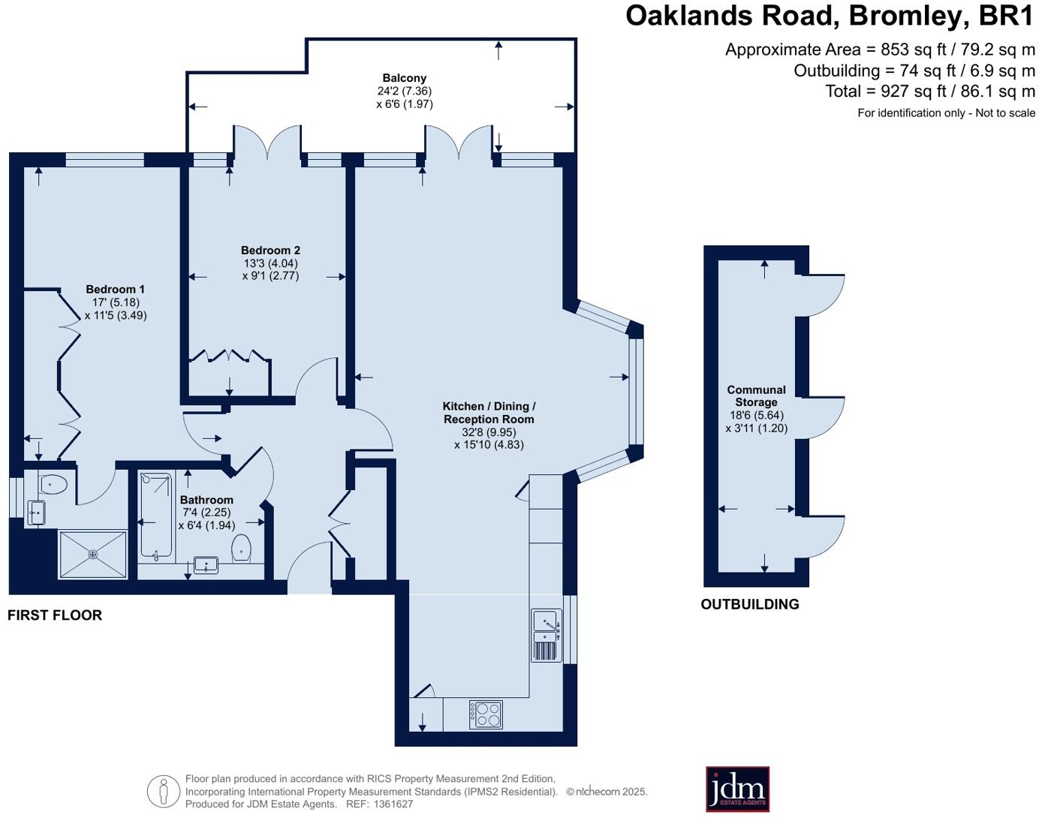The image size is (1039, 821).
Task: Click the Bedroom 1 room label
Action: pos(115,290)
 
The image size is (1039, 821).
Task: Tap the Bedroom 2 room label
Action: pos(270,251)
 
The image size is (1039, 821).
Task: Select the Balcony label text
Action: pos(404,78)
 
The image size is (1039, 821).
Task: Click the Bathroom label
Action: pos(206,500)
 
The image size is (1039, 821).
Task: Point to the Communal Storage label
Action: pos(756,396)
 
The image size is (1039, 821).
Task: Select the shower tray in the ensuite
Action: pos(93,555)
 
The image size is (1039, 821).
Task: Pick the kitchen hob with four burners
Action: pos(486,714)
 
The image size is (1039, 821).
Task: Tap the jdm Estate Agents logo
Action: pos(737,789)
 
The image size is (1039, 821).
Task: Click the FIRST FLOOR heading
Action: pos(55,615)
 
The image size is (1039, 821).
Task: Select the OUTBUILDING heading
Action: pos(749,604)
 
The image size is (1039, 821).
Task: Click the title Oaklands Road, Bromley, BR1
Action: pos(830,16)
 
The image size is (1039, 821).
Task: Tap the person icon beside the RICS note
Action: pos(163,791)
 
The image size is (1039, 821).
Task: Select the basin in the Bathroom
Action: pos(206,564)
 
